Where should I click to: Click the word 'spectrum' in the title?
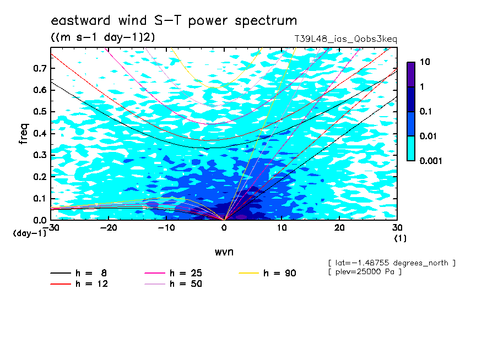pyautogui.click(x=266, y=21)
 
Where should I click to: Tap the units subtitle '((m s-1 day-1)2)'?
pyautogui.click(x=103, y=37)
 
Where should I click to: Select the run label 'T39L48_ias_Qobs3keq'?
pyautogui.click(x=345, y=39)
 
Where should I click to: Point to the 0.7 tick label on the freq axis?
pyautogui.click(x=40, y=68)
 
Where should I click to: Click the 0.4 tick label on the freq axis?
pyautogui.click(x=40, y=133)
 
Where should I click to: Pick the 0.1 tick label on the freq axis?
pyautogui.click(x=40, y=198)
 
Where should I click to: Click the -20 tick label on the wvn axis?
pyautogui.click(x=109, y=228)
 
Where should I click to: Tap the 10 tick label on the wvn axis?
pyautogui.click(x=282, y=228)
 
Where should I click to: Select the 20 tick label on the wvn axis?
pyautogui.click(x=339, y=228)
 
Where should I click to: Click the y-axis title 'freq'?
pyautogui.click(x=24, y=134)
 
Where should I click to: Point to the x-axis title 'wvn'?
pyautogui.click(x=224, y=252)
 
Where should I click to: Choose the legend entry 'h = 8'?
pyautogui.click(x=79, y=273)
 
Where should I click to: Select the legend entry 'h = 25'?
pyautogui.click(x=174, y=273)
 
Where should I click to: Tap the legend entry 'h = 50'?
pyautogui.click(x=174, y=284)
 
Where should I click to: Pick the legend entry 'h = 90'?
pyautogui.click(x=267, y=273)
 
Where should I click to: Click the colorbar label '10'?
pyautogui.click(x=425, y=62)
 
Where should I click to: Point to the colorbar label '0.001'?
pyautogui.click(x=431, y=161)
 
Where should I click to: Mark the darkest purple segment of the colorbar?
pyautogui.click(x=411, y=74)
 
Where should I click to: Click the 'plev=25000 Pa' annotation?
pyautogui.click(x=365, y=272)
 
